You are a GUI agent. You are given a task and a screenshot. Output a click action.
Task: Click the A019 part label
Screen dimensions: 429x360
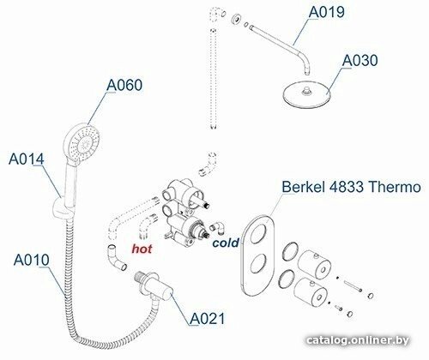tap(327, 12)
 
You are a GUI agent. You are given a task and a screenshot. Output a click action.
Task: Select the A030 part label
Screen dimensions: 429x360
tap(360, 61)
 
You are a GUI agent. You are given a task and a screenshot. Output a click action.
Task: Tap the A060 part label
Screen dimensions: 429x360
tap(124, 85)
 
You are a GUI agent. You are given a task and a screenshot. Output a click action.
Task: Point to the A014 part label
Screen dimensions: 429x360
tap(27, 159)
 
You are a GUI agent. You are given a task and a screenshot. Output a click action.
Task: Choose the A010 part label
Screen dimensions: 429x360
tap(32, 260)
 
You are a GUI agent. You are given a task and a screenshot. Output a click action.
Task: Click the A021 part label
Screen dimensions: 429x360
tap(208, 318)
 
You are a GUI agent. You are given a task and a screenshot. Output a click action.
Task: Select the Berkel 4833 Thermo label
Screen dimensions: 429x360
tap(351, 187)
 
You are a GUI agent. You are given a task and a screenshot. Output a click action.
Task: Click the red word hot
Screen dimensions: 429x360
tap(142, 249)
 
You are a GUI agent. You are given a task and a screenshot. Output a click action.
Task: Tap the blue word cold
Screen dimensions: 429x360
tap(226, 243)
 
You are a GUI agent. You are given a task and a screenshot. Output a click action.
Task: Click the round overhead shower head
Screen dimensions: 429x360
tap(306, 94)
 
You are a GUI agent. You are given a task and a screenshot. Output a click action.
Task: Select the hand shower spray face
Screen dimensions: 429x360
tap(85, 141)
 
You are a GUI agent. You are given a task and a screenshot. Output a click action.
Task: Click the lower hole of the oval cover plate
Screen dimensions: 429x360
tap(258, 263)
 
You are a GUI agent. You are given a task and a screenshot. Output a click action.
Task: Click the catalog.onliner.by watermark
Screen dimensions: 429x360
tap(358, 340)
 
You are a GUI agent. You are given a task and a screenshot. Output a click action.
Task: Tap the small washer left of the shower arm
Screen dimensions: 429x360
tap(236, 19)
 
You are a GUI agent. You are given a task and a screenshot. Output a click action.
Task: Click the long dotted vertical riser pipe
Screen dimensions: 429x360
tap(214, 79)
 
